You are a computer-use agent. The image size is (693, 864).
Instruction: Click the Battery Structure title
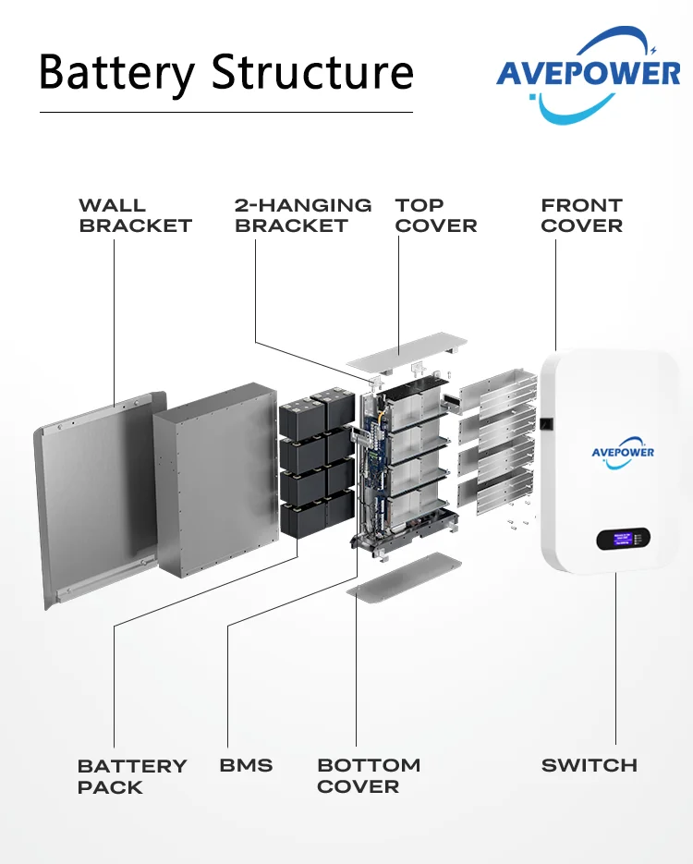(226, 71)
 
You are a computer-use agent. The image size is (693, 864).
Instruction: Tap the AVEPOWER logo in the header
(588, 76)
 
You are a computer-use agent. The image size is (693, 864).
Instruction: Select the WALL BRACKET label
(135, 215)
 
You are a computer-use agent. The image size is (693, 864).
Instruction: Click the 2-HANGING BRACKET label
(303, 215)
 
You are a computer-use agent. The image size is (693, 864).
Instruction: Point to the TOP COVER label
(436, 215)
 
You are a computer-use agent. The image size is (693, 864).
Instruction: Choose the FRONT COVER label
(582, 215)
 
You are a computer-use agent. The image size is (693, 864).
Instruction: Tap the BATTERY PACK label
(132, 776)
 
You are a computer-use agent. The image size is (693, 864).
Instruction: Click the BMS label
(246, 765)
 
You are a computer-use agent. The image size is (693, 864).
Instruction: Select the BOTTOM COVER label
(369, 775)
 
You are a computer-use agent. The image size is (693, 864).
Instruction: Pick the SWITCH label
(590, 765)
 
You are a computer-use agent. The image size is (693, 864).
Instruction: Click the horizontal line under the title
(225, 113)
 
